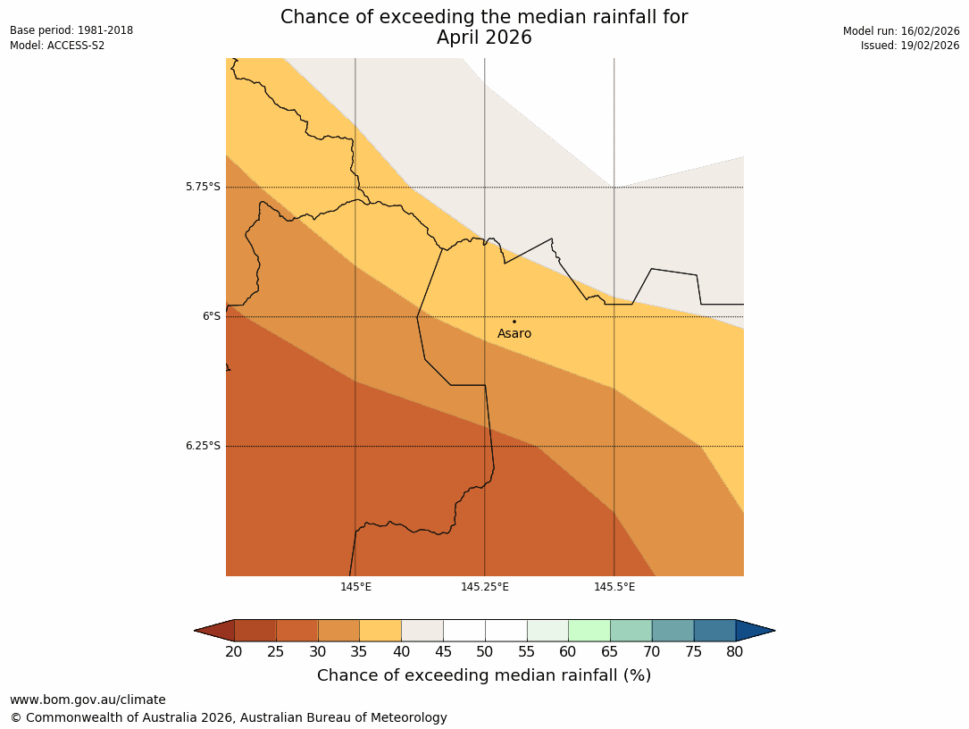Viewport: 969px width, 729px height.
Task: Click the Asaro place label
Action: [514, 334]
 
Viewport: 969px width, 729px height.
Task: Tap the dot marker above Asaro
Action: [514, 322]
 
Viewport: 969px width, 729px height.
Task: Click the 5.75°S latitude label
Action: [203, 187]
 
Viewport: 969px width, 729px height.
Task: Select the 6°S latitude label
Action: [211, 316]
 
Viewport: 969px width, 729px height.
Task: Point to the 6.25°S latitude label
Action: [203, 446]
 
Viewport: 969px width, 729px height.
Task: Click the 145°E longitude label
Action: [355, 587]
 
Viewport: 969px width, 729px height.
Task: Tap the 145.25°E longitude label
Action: [485, 587]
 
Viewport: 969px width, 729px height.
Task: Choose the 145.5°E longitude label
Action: [614, 587]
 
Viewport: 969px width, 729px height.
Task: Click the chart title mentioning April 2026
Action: [484, 28]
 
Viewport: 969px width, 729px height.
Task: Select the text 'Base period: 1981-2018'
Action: [71, 30]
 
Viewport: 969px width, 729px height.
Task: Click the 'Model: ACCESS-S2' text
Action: [57, 46]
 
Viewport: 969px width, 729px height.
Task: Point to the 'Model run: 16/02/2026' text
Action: [901, 31]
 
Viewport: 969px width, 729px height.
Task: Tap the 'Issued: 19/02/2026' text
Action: [910, 46]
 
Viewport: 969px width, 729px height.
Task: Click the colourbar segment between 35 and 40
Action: [380, 631]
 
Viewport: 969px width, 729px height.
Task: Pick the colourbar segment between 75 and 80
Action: [714, 631]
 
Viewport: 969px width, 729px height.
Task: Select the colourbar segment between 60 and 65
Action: [589, 631]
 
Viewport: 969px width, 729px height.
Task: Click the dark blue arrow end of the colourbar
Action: [754, 631]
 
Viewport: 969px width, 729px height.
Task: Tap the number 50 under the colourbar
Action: [485, 652]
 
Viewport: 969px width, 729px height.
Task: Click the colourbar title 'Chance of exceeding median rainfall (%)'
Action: [484, 675]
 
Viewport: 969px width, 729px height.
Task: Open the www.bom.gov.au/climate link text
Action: [88, 700]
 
